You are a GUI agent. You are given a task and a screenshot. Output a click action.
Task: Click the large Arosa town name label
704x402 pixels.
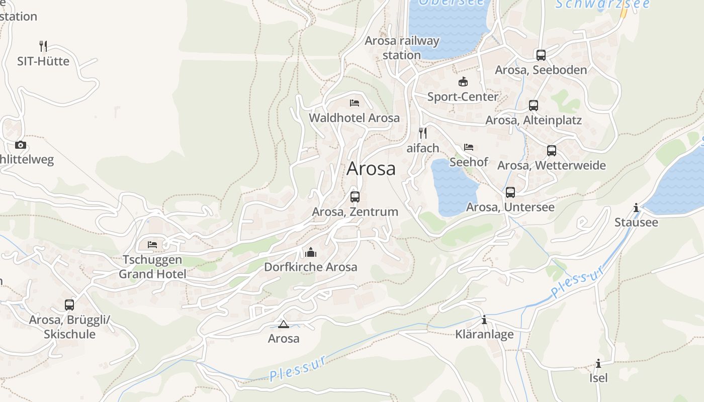coord(371,169)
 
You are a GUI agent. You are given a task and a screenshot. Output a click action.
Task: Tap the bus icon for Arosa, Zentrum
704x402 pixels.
coord(355,196)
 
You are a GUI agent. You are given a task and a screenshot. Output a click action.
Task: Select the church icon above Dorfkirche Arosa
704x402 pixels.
coord(311,252)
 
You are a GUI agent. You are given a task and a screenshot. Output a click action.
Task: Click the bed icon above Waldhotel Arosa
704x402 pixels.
coord(355,103)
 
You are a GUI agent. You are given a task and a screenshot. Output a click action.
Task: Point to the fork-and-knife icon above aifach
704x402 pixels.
coord(423,133)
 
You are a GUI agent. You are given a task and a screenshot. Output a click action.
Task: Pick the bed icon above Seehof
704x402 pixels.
coord(469,147)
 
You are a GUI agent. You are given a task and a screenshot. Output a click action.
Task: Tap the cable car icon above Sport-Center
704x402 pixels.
coord(463,81)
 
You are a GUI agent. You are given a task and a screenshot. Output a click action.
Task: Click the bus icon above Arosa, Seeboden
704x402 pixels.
coord(541,55)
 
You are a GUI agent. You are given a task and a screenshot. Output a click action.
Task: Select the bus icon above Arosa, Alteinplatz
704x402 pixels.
coord(534,106)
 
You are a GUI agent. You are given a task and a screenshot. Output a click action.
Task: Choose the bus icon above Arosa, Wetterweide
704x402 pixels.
coord(552,150)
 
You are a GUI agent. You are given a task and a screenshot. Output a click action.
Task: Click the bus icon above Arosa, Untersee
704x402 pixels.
coord(510,192)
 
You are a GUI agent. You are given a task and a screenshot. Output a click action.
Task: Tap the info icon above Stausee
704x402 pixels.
coord(636,208)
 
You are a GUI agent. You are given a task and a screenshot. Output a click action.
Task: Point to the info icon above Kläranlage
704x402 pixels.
coord(484,320)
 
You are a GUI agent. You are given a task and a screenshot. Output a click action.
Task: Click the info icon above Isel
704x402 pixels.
coord(598,363)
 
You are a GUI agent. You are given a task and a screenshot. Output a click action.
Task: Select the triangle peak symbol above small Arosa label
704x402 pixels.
coord(284,324)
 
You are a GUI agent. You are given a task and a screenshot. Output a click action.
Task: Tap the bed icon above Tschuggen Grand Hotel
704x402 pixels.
coord(152,245)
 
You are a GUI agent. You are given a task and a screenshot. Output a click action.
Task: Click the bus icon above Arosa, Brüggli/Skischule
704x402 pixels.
coord(69,305)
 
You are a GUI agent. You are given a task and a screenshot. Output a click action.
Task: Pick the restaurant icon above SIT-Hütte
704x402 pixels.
coord(44,46)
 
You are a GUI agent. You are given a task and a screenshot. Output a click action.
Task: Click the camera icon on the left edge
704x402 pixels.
coord(21,145)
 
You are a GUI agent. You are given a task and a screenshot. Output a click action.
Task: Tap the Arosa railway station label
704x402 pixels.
coord(402,48)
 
